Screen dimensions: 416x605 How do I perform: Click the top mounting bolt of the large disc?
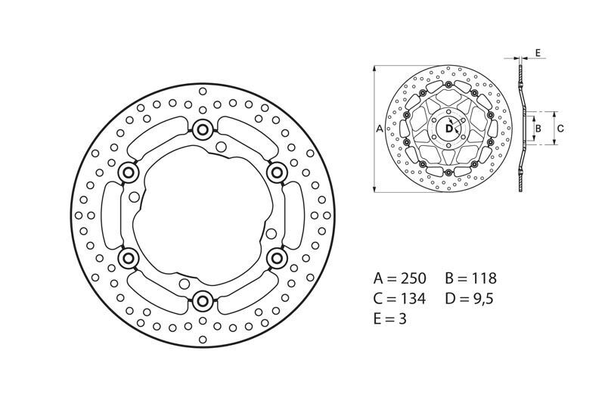pyautogui.click(x=203, y=130)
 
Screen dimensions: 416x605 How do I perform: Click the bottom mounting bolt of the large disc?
pyautogui.click(x=203, y=302)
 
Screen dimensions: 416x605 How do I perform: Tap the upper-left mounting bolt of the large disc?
pyautogui.click(x=128, y=173)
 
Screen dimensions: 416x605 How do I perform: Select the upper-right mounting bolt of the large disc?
pyautogui.click(x=277, y=173)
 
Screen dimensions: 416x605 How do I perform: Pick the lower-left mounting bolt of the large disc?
pyautogui.click(x=128, y=259)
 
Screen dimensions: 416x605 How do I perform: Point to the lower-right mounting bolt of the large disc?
pyautogui.click(x=277, y=259)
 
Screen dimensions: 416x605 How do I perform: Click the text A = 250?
pyautogui.click(x=400, y=278)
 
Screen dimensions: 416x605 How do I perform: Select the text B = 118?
pyautogui.click(x=468, y=278)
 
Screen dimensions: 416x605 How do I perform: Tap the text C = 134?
pyautogui.click(x=400, y=298)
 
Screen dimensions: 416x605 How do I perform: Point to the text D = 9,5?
pyautogui.click(x=468, y=298)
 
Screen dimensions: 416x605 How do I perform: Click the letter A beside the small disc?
pyautogui.click(x=379, y=129)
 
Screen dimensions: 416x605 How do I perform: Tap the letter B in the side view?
pyautogui.click(x=538, y=129)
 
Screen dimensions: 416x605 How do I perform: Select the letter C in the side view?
pyautogui.click(x=560, y=129)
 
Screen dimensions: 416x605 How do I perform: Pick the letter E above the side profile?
pyautogui.click(x=536, y=52)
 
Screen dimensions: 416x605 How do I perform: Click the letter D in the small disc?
pyautogui.click(x=448, y=129)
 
